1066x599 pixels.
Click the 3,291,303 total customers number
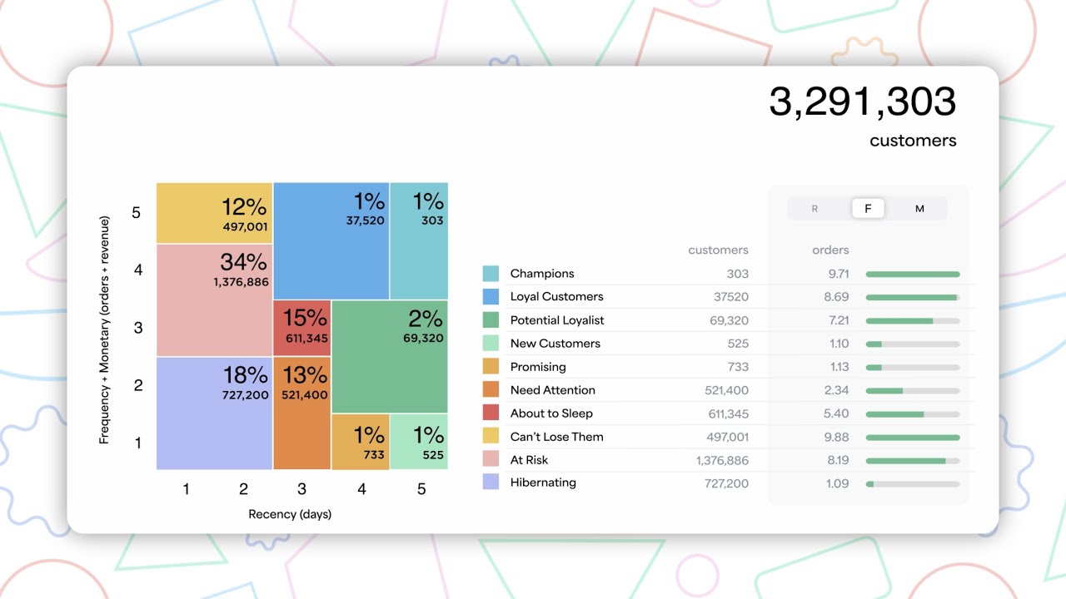tap(862, 102)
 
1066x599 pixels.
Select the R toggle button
tap(814, 209)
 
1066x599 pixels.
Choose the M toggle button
tap(919, 209)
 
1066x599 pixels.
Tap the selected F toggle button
tap(868, 209)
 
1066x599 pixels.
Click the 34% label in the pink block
tap(243, 262)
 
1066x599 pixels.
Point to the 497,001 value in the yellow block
tap(245, 226)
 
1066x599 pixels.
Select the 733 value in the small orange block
tap(374, 455)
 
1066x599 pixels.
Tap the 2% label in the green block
tap(426, 318)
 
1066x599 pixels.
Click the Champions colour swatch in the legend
tap(491, 274)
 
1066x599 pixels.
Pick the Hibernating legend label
tap(543, 483)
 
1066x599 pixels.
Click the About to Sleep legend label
tap(551, 413)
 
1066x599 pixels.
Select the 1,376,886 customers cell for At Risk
tap(722, 460)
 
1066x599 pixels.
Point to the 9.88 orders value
tap(835, 437)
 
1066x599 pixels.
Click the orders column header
tap(830, 250)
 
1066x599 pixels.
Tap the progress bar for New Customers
tap(913, 344)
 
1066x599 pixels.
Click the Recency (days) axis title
tap(290, 514)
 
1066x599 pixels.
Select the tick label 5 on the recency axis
tap(421, 489)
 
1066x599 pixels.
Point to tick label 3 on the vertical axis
tap(138, 328)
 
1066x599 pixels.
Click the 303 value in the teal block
tap(432, 220)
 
